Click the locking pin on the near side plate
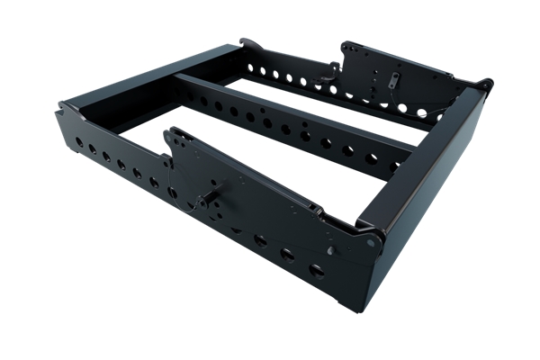pos(216,191)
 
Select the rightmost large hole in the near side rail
pos(317,270)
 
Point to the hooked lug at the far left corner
pos(245,41)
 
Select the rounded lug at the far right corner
pos(486,85)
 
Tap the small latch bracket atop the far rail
pos(333,67)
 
